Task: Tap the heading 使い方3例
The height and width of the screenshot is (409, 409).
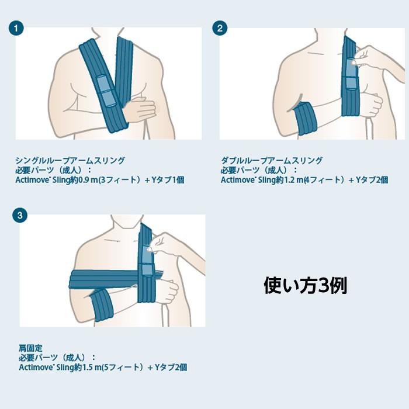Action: click(x=306, y=286)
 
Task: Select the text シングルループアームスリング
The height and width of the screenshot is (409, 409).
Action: click(x=70, y=160)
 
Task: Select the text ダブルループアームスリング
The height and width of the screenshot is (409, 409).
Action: click(x=272, y=160)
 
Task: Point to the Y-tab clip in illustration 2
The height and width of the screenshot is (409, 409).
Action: click(x=349, y=76)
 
